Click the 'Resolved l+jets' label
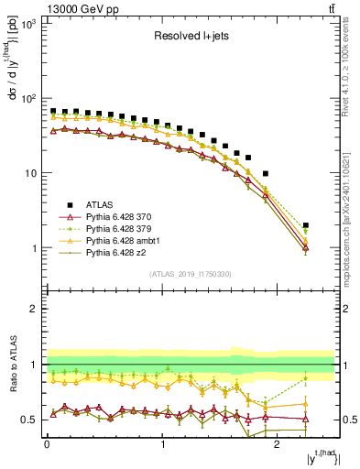coord(190,38)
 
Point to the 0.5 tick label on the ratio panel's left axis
coord(28,420)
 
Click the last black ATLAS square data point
coord(306,225)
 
